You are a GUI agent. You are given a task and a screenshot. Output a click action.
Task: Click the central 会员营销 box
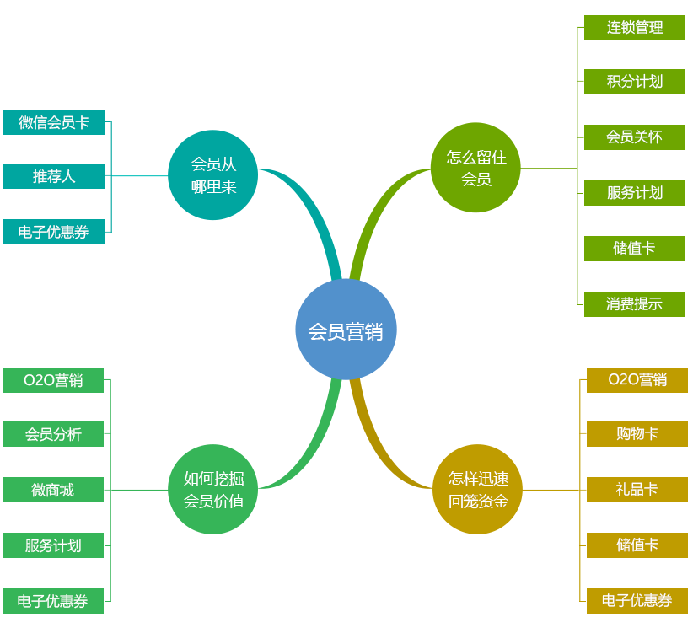pos(346,330)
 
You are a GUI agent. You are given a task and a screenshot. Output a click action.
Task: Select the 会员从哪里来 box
pos(212,174)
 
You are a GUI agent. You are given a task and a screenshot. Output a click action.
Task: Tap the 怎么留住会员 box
pos(475,167)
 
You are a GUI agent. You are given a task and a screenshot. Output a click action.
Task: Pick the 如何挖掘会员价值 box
pos(213,490)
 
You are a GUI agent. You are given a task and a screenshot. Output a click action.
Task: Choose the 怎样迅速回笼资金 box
pos(477,490)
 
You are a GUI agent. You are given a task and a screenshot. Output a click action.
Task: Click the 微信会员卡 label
pos(53,122)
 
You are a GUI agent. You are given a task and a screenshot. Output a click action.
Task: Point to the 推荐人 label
pos(53,176)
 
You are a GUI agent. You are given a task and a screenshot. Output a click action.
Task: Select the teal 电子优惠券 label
pos(53,232)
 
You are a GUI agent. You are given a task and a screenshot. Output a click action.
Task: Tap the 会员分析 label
pos(52,434)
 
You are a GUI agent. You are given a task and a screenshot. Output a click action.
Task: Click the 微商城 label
pos(52,490)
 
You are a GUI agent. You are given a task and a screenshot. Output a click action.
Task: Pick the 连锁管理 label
pos(634,27)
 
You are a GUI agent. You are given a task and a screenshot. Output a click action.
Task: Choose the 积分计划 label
pos(634,82)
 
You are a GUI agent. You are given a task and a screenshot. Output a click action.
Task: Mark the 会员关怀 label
pos(634,137)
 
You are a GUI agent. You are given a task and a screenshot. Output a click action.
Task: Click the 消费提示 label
pos(634,304)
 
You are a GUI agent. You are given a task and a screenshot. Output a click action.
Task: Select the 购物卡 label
pos(637,434)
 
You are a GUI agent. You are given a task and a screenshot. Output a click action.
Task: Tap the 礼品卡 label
pos(637,490)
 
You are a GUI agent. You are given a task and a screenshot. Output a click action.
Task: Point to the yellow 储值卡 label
pos(637,545)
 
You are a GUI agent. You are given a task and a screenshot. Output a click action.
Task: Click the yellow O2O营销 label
pos(637,379)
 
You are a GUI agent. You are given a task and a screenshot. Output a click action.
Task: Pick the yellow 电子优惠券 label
pos(637,600)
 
